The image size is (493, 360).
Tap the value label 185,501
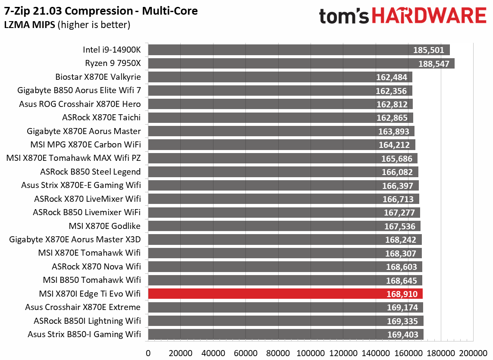pos(428,50)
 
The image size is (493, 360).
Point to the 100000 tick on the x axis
pos(311,352)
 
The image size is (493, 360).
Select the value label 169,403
pos(402,334)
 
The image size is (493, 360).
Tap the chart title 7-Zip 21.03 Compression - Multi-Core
pos(101,11)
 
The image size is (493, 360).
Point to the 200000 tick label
pos(474,352)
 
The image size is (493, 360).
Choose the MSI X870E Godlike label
pos(104,226)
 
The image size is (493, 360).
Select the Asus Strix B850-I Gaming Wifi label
pos(84,334)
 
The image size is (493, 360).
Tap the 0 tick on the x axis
pos(148,352)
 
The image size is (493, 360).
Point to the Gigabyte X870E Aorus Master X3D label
pos(75,240)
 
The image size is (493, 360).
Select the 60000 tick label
pos(246,352)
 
